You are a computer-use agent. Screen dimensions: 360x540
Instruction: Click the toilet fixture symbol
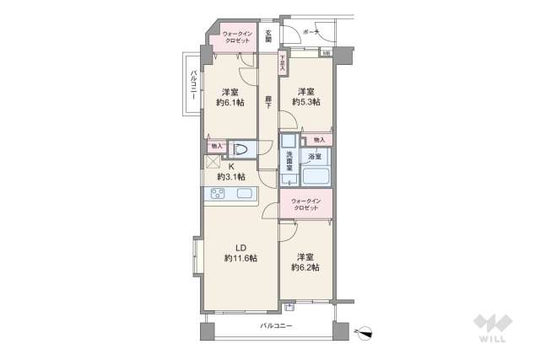(x=241, y=150)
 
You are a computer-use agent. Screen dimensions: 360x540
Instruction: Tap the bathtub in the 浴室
(x=316, y=178)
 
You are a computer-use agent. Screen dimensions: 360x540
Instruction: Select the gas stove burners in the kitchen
(x=216, y=195)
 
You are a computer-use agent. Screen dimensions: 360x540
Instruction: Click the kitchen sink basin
(x=245, y=195)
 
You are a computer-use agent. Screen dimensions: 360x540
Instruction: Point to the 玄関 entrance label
(x=268, y=35)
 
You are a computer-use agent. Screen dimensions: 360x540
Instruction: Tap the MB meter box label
(x=326, y=53)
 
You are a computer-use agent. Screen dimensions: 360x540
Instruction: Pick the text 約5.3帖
(x=305, y=102)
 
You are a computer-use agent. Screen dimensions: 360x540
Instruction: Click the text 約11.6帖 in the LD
(x=240, y=258)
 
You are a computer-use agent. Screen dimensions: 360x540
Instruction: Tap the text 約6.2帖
(x=305, y=267)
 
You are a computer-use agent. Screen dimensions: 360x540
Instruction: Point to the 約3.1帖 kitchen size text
(x=230, y=177)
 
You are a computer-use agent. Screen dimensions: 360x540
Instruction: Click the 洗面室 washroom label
(x=289, y=159)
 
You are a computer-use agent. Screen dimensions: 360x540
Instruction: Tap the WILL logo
(x=493, y=330)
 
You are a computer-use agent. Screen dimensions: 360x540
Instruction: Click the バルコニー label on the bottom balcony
(x=275, y=325)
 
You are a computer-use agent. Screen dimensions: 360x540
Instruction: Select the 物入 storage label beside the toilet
(x=216, y=146)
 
